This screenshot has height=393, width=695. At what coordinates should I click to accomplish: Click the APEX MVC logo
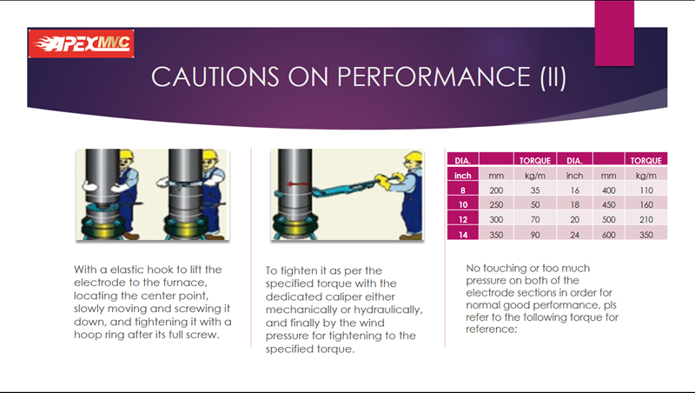point(81,43)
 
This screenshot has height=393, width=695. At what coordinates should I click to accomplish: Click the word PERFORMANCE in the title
point(434,77)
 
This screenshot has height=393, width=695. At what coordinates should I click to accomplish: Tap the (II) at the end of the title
point(553,77)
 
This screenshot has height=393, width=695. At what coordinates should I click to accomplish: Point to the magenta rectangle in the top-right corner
point(614,33)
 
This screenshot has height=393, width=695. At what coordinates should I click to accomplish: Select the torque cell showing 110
point(646,190)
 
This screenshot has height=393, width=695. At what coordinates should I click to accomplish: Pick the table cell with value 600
point(609,235)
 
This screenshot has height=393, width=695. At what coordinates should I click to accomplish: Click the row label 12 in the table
point(463,220)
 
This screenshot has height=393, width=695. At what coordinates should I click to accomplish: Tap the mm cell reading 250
point(496,205)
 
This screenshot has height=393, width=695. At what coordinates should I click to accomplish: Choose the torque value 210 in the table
point(646,220)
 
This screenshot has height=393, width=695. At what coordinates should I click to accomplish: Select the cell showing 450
point(609,205)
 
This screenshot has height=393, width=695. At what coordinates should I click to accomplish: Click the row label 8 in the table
point(463,190)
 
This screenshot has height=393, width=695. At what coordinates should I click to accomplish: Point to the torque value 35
point(535,190)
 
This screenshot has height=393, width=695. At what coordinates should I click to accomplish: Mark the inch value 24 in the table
point(574,235)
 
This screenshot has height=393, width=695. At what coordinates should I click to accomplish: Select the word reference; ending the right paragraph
point(491,330)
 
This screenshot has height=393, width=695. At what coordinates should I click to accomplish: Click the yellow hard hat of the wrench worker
point(414,157)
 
